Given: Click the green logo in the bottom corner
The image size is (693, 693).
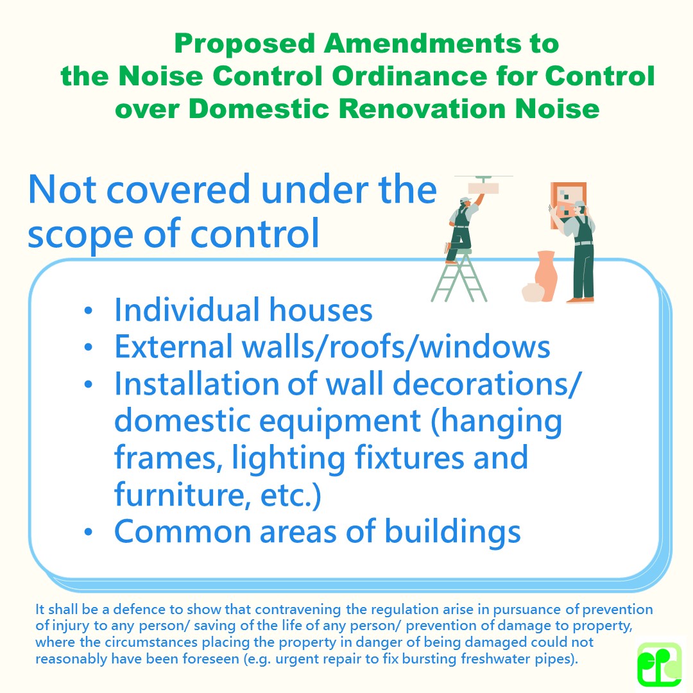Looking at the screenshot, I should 659,664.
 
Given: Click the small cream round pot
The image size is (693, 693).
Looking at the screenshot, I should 533,293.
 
